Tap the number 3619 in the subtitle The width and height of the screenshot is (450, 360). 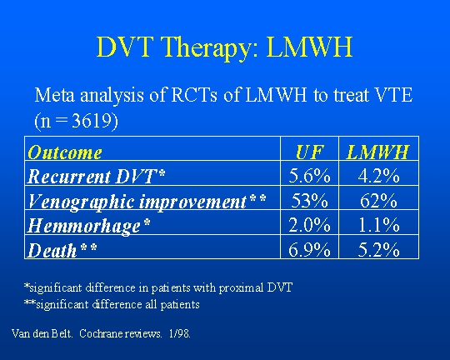92,120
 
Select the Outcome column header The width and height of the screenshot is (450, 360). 65,152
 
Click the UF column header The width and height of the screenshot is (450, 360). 310,152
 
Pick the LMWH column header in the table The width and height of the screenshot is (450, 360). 377,152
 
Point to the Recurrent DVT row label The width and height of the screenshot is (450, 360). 96,176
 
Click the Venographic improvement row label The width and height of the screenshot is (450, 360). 147,201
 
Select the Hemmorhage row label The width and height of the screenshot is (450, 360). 88,226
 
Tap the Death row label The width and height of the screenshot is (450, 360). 62,250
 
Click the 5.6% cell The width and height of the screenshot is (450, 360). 309,175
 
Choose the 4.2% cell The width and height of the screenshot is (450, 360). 378,175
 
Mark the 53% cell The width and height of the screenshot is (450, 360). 309,200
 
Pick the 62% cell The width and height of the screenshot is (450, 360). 378,200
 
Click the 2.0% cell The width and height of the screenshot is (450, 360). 309,225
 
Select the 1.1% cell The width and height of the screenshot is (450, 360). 378,225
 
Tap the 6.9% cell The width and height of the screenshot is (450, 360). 309,249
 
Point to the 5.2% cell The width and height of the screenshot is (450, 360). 378,249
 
